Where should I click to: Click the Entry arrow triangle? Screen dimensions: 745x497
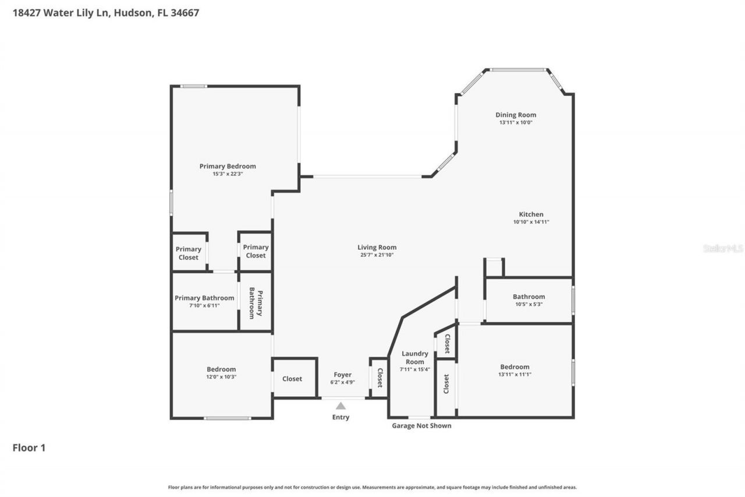coord(340,406)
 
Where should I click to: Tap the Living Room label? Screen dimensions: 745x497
coord(377,248)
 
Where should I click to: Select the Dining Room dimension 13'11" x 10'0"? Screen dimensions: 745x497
coord(516,122)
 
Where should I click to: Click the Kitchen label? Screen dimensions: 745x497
coord(531,214)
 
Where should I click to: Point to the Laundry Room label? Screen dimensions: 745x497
coord(415,358)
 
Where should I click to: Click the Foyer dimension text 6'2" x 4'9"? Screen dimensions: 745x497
coord(343,382)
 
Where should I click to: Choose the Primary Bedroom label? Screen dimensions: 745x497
coord(228,166)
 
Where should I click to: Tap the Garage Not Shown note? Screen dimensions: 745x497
coord(421,425)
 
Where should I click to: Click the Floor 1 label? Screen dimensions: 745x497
coord(29,447)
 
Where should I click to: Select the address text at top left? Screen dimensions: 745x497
coord(106,13)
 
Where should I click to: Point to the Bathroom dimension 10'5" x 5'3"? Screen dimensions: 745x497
coord(529,304)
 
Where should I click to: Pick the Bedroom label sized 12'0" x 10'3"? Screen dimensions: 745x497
coord(221,369)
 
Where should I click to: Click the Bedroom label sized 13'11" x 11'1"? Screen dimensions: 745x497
coord(515,367)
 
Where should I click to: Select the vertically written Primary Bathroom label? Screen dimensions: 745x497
coord(256,303)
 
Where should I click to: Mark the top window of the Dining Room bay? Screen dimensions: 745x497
coord(519,70)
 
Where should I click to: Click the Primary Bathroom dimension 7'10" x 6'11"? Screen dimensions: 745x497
coord(204,305)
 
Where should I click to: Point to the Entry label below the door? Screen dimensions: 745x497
coord(340,417)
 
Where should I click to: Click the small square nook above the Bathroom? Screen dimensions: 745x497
coord(494,267)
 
